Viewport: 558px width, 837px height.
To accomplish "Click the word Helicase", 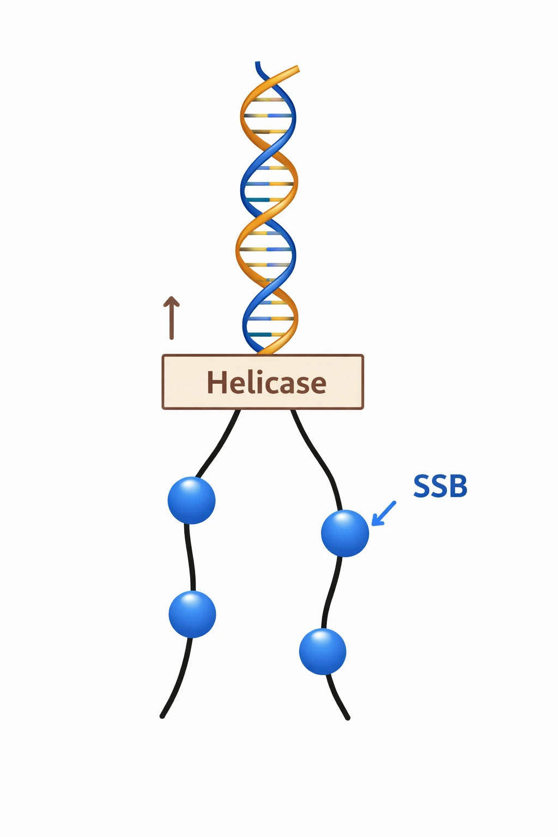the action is pos(266,383).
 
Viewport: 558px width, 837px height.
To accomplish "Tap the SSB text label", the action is pos(440,486).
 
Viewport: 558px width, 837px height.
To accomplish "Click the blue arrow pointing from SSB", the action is pos(384,513).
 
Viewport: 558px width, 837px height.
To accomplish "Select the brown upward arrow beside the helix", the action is pos(172,318).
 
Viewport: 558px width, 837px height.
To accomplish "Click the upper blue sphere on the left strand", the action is pos(191,500).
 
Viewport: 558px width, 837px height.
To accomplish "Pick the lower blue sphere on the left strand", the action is pos(192,614).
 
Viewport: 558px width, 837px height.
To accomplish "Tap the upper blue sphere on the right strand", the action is pos(345,533).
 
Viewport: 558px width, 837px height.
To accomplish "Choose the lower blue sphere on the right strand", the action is pos(323,651).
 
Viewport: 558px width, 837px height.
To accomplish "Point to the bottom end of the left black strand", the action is pos(162,715).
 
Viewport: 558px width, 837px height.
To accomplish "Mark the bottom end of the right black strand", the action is pos(347,718).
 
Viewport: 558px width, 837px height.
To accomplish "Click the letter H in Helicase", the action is pos(216,383).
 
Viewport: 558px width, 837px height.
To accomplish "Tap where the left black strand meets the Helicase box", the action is pos(237,411).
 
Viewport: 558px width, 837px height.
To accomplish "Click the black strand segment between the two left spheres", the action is pos(190,557).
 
